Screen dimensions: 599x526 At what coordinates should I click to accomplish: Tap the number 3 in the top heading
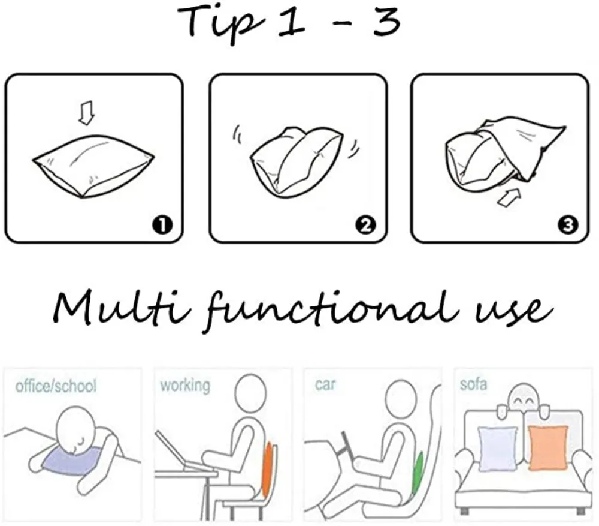[386, 22]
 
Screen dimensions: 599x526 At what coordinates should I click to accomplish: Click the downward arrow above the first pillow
[86, 113]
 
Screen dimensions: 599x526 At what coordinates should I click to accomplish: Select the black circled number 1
[162, 225]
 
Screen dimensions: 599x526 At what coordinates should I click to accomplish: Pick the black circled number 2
[365, 225]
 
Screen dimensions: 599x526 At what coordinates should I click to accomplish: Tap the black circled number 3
[568, 225]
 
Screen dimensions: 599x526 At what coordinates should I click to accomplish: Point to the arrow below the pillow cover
[509, 197]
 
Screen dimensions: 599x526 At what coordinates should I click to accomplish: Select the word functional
[332, 311]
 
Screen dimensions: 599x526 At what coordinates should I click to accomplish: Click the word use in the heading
[514, 310]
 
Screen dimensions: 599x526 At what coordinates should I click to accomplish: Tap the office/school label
[56, 386]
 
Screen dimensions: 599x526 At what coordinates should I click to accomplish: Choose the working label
[185, 386]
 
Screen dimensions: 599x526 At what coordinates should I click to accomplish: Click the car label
[325, 384]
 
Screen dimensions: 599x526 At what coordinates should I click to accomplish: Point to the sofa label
[474, 384]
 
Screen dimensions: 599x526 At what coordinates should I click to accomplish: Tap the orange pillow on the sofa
[547, 447]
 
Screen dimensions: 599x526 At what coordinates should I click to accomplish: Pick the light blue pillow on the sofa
[497, 449]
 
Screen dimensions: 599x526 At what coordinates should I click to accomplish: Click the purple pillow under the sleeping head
[71, 461]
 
